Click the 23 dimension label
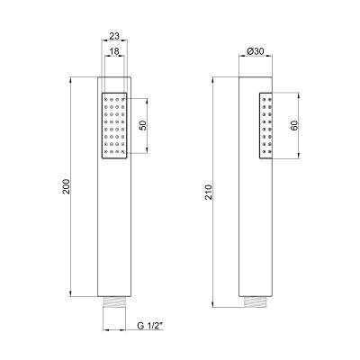coord(114,36)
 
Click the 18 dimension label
coord(114,51)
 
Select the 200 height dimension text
coord(67,186)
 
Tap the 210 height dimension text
coord(209,192)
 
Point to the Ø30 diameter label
coord(256,51)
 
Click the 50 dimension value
coord(143,125)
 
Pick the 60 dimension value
coord(294,125)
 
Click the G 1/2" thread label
coord(149,326)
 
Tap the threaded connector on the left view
coord(114,301)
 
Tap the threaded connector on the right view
coord(256,302)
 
